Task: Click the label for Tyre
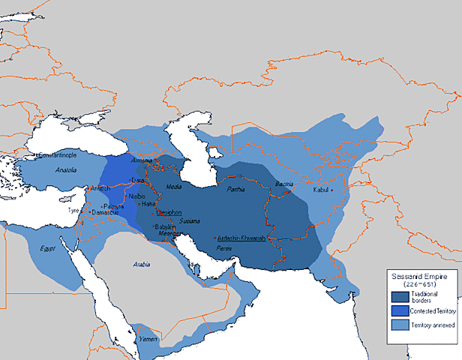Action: point(73,211)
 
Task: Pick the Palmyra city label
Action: point(115,205)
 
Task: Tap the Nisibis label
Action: point(136,196)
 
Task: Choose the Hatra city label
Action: point(149,204)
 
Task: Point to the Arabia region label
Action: point(142,265)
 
